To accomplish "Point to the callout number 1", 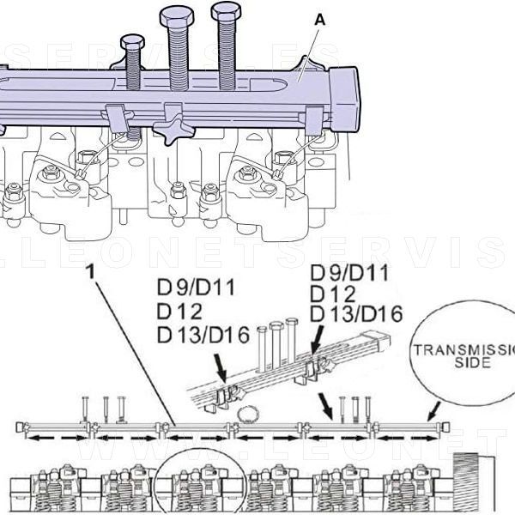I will tap(91, 272).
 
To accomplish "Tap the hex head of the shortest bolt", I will tap(132, 41).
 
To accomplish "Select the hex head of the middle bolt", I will tap(177, 16).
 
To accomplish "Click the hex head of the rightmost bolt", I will tap(226, 11).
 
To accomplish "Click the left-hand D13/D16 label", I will tap(203, 334).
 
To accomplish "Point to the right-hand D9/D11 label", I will tap(349, 273).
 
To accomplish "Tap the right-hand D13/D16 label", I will tap(356, 314).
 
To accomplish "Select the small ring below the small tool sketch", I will tap(248, 415).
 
